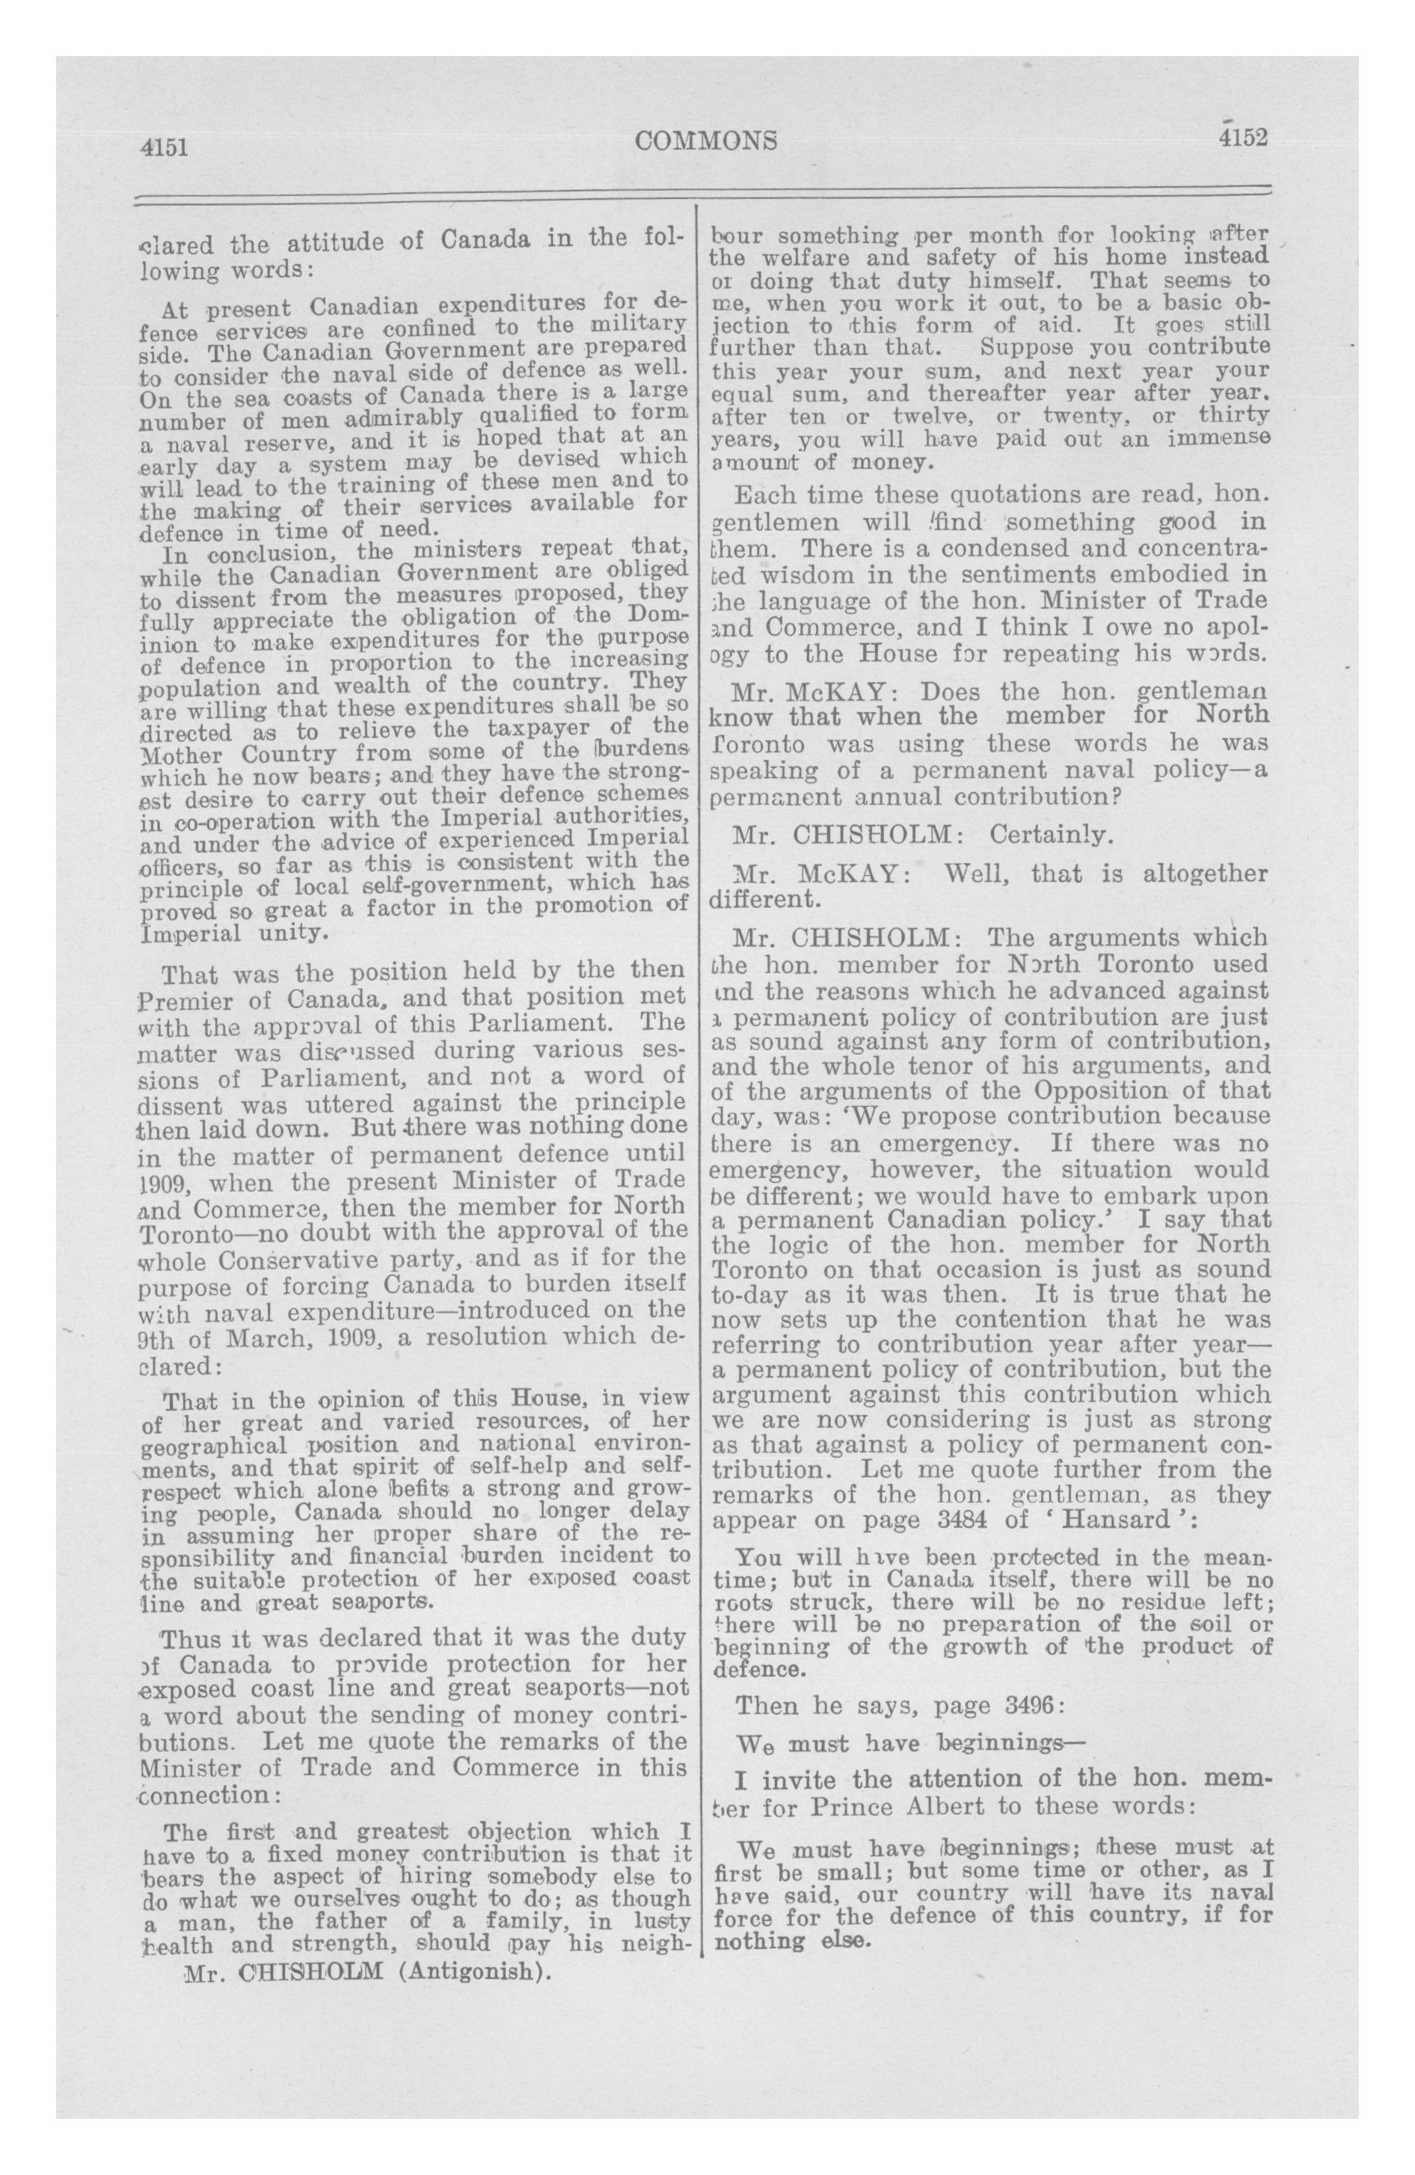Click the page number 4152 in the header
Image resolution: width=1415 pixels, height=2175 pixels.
(x=1241, y=137)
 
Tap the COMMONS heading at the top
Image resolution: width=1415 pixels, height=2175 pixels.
(x=707, y=140)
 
